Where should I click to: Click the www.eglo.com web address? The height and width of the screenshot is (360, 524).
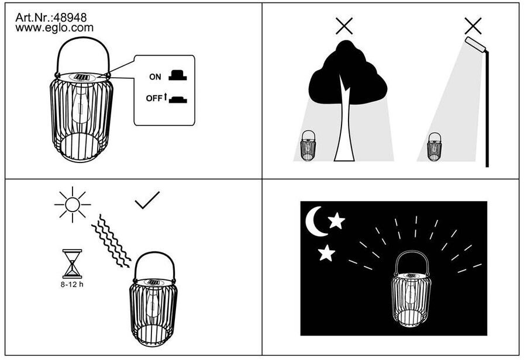click(54, 27)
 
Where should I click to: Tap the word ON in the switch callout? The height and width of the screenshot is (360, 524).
click(155, 77)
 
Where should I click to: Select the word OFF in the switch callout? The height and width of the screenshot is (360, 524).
click(154, 98)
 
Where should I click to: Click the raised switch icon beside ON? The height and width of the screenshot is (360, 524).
click(178, 75)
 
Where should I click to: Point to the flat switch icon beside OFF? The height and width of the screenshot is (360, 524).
click(178, 99)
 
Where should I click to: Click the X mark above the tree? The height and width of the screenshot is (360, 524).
click(344, 26)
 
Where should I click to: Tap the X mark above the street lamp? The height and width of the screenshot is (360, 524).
click(473, 26)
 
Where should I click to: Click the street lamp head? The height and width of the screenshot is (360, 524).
click(475, 44)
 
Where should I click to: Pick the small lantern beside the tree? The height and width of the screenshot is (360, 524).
click(308, 146)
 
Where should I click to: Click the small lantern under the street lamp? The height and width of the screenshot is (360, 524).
click(434, 147)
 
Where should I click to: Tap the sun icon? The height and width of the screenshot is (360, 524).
click(73, 205)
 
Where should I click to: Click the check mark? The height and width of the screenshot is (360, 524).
click(147, 200)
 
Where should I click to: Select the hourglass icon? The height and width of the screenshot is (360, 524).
click(72, 264)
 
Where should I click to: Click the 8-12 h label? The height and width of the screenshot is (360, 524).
click(72, 285)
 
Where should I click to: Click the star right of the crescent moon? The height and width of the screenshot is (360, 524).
click(336, 221)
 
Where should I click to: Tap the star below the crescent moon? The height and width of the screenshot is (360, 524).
click(326, 253)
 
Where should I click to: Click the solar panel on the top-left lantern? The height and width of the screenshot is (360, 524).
click(81, 77)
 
